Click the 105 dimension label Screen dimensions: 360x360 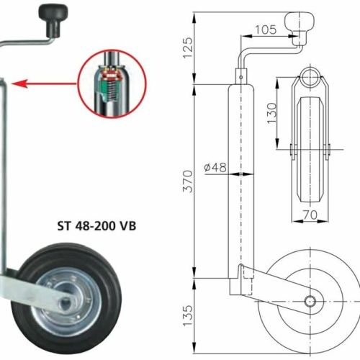click(x=266, y=30)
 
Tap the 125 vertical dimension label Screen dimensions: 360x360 click(x=188, y=48)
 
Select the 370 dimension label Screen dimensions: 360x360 click(x=188, y=181)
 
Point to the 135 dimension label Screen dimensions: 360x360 click(x=188, y=315)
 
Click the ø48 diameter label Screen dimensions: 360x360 click(x=215, y=167)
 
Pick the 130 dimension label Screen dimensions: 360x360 click(x=272, y=113)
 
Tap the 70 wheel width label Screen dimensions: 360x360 click(x=310, y=215)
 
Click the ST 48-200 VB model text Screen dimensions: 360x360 click(x=96, y=226)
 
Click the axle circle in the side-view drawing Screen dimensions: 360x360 click(x=310, y=301)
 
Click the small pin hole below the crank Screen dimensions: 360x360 click(x=241, y=77)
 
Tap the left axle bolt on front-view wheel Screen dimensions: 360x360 click(x=292, y=150)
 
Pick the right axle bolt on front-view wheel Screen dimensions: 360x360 click(x=328, y=150)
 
